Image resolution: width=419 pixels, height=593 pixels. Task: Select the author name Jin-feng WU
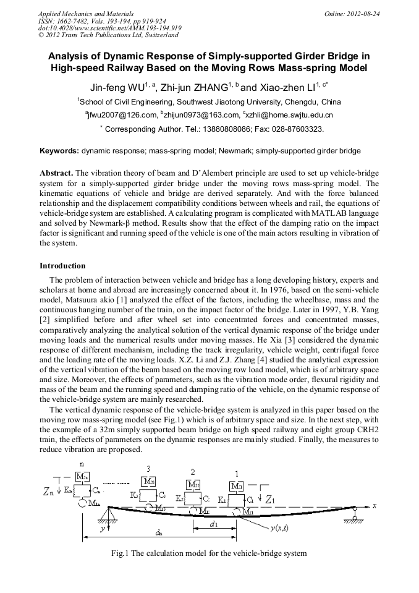[116, 87]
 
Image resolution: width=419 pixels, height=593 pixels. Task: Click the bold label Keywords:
[59, 151]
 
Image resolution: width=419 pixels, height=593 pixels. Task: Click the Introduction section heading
[62, 266]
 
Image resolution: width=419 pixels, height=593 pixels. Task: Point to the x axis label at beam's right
[374, 506]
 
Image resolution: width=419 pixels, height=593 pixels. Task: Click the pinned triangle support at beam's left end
[110, 512]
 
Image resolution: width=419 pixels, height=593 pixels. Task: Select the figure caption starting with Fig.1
[209, 553]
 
